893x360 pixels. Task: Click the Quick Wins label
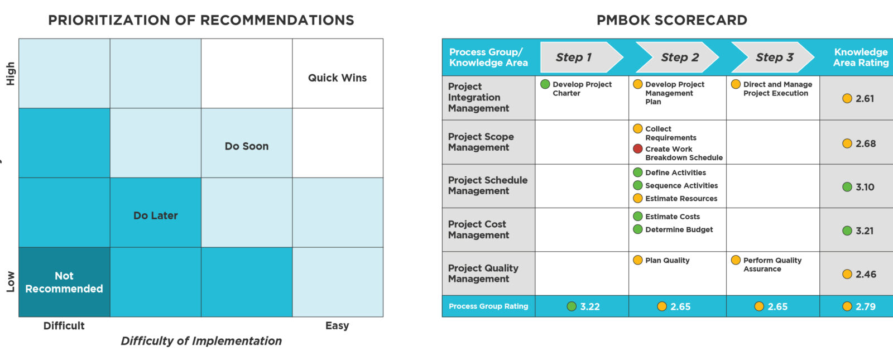pyautogui.click(x=337, y=78)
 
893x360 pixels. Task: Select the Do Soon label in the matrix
pyautogui.click(x=246, y=146)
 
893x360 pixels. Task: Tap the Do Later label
pyautogui.click(x=155, y=215)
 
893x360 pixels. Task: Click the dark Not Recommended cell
pyautogui.click(x=64, y=282)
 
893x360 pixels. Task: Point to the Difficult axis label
pyautogui.click(x=64, y=326)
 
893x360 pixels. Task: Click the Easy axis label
pyautogui.click(x=337, y=326)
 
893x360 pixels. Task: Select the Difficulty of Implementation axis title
pyautogui.click(x=201, y=341)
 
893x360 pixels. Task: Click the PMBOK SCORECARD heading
pyautogui.click(x=671, y=21)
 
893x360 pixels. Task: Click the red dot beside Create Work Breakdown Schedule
pyautogui.click(x=637, y=149)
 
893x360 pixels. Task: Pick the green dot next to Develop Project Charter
pyautogui.click(x=545, y=84)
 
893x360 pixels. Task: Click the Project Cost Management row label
pyautogui.click(x=478, y=229)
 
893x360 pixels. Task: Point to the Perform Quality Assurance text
pyautogui.click(x=772, y=265)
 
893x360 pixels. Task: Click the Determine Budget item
pyautogui.click(x=679, y=229)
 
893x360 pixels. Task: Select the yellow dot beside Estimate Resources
pyautogui.click(x=637, y=198)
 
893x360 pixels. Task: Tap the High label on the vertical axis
pyautogui.click(x=11, y=73)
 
